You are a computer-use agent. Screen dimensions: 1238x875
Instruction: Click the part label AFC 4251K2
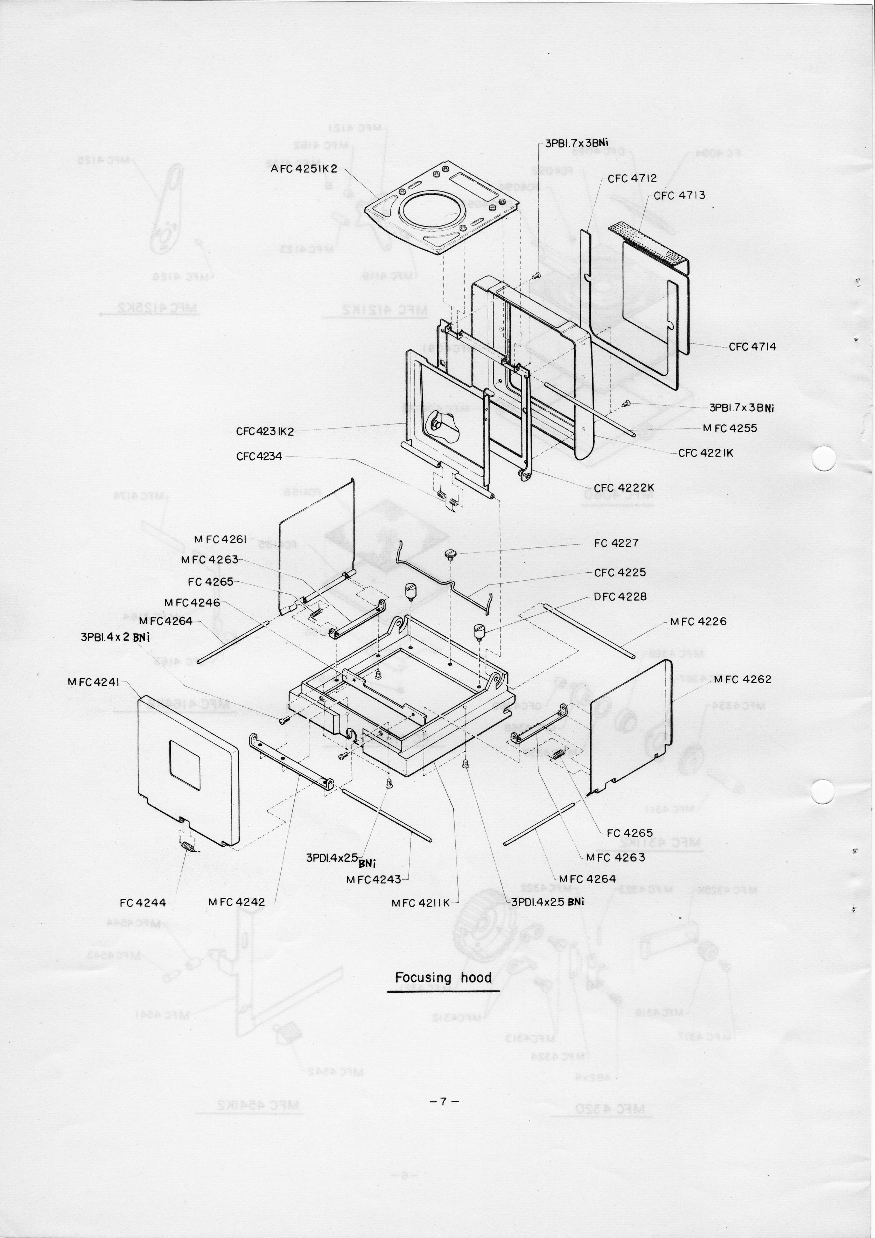[303, 169]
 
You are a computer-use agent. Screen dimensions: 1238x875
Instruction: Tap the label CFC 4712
[632, 179]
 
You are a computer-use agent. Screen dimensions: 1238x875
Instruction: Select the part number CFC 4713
[679, 196]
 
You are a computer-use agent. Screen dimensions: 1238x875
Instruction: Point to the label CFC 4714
[752, 347]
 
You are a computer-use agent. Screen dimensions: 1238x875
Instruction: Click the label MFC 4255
[729, 428]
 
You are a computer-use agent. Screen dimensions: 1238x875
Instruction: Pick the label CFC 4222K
[624, 488]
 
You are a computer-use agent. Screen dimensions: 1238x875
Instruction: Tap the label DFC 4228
[620, 597]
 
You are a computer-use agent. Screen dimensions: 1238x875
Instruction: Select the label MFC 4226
[698, 622]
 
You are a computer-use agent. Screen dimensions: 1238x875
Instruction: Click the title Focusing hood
[443, 978]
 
